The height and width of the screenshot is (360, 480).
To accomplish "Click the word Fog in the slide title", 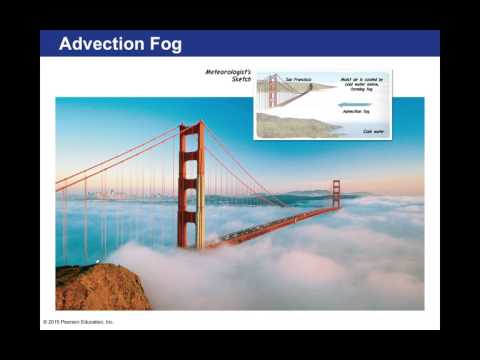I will [169, 44].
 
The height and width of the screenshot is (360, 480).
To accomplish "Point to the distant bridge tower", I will [336, 194].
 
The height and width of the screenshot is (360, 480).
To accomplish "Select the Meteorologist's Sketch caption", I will [229, 76].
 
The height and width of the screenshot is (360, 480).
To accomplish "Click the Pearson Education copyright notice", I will [79, 322].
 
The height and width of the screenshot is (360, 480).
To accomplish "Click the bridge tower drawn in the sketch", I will [272, 91].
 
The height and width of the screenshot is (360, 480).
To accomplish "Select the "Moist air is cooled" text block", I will [363, 84].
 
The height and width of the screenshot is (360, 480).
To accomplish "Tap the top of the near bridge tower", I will [190, 126].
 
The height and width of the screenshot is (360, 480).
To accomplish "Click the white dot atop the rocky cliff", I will [96, 262].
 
